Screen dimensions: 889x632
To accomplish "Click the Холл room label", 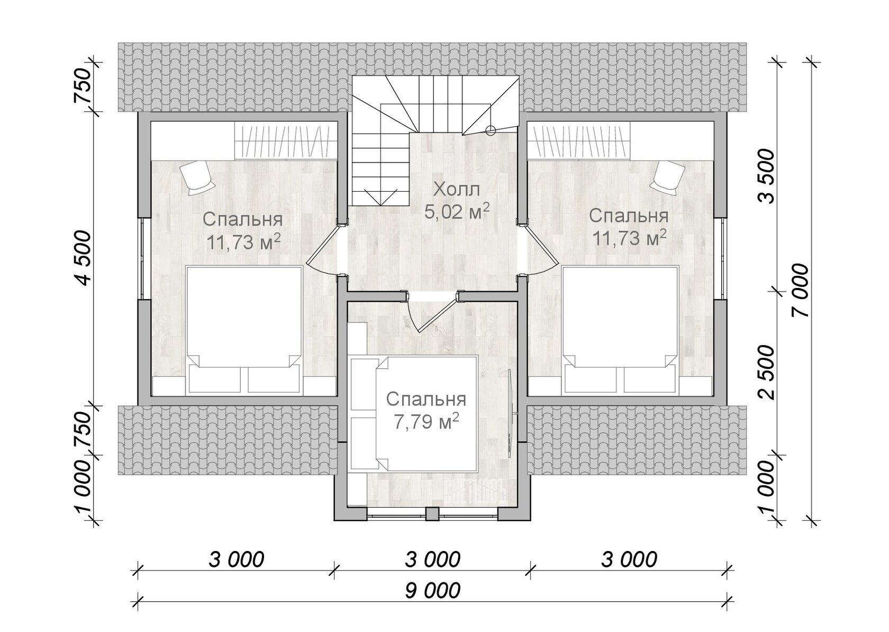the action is click(456, 189).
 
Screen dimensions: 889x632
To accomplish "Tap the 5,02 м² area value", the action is click(456, 211).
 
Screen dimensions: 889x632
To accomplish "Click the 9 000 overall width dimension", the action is click(433, 590).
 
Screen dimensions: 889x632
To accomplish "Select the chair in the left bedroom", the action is click(197, 177).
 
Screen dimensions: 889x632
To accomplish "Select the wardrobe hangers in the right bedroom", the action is click(581, 141).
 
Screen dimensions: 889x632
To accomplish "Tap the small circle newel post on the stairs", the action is click(491, 129).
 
